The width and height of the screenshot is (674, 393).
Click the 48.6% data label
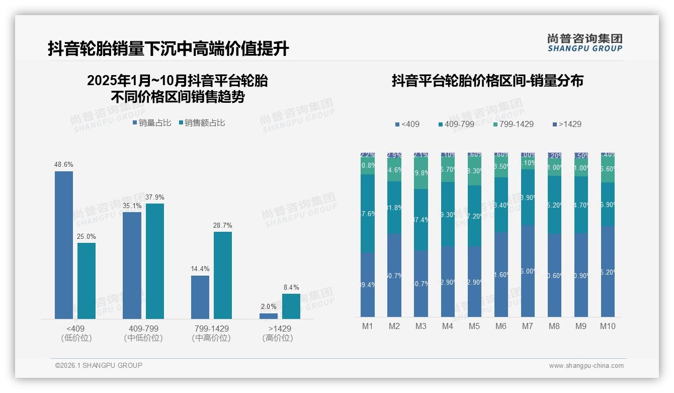click(64, 165)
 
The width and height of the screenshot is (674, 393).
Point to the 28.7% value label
click(223, 225)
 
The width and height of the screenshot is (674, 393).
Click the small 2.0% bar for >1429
click(269, 316)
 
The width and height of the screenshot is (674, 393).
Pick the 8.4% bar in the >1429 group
click(291, 306)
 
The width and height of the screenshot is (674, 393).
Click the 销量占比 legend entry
click(152, 123)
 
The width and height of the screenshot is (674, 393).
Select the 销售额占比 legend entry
click(202, 123)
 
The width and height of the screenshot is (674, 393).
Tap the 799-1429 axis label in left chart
click(211, 329)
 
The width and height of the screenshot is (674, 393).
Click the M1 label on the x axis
click(368, 326)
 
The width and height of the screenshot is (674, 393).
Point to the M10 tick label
click(608, 326)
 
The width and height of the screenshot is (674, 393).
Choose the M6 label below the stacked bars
click(501, 326)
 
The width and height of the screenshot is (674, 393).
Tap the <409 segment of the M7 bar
click(528, 271)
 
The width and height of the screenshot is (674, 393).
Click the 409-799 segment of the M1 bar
click(368, 213)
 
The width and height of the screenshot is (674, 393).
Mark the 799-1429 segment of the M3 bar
click(421, 173)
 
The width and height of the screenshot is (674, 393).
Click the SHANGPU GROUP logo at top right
click(585, 43)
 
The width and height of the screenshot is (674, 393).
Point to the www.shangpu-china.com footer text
click(586, 366)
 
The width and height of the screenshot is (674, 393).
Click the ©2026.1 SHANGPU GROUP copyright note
click(99, 365)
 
